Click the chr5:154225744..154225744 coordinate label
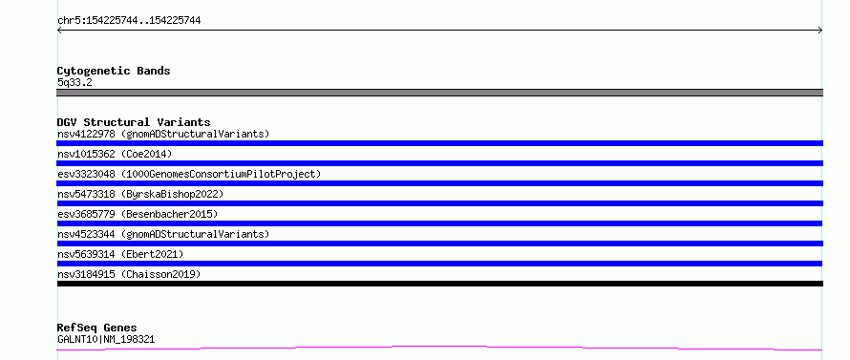129,21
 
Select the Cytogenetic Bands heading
114,71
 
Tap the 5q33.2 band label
74,83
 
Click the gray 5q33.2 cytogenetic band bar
439,93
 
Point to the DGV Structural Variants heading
134,122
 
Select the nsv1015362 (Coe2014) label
115,154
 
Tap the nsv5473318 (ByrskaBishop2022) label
140,194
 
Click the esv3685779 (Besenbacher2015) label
138,214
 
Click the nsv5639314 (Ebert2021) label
120,254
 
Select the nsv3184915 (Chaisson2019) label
129,274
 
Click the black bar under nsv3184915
439,284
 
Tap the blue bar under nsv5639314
439,264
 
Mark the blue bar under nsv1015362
439,163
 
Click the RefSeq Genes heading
97,328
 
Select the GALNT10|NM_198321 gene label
106,340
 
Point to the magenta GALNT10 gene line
439,348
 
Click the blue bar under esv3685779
439,223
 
